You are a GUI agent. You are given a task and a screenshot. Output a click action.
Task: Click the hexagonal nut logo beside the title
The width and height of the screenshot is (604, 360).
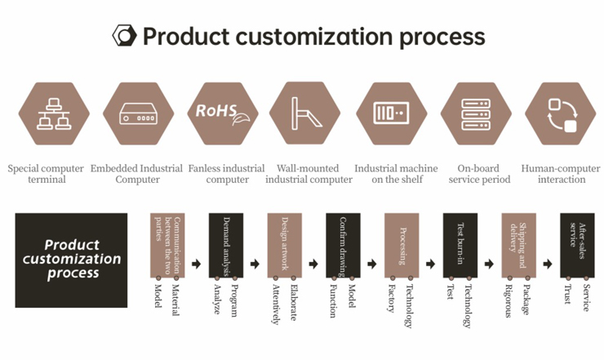coord(124,36)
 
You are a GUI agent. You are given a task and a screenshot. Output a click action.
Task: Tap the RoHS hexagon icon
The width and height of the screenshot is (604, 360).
coord(223,113)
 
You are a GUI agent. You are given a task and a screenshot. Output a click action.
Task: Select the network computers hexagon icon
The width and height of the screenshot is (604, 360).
coord(54,113)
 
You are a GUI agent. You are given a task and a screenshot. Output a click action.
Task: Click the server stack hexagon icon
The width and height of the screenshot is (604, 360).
coord(476,113)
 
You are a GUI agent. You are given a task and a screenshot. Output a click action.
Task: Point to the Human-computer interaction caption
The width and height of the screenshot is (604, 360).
coord(561,174)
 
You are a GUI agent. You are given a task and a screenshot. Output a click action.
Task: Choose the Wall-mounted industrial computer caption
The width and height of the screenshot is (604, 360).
coord(309,174)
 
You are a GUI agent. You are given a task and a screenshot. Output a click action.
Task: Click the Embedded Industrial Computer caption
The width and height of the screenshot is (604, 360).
coord(137,174)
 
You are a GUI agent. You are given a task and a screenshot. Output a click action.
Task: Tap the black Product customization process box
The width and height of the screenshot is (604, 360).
coord(71,260)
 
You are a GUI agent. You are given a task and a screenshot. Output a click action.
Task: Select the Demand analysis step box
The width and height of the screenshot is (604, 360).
coord(226,246)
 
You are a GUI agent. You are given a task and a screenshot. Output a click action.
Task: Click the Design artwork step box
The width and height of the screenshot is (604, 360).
coord(285,246)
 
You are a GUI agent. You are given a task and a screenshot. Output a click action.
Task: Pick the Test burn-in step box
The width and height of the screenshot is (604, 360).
coord(460,246)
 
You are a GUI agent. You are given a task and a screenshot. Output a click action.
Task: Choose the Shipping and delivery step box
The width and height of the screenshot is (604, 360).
coord(519,246)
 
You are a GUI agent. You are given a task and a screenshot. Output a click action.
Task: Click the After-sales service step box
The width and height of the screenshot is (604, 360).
coord(577,246)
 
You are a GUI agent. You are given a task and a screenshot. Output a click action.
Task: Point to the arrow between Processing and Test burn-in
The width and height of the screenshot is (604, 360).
coord(431,264)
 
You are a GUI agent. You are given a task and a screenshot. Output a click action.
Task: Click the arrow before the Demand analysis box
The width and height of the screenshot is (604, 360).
coord(197,264)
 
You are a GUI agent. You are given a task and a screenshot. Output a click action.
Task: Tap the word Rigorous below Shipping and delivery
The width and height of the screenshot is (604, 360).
coord(509,301)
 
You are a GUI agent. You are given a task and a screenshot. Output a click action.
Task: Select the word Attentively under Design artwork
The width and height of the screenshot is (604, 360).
coord(276,304)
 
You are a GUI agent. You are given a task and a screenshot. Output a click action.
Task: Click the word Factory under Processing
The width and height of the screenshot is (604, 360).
coord(392,298)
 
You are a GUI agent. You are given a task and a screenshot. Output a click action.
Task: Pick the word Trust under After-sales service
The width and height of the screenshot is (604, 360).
coord(568,295)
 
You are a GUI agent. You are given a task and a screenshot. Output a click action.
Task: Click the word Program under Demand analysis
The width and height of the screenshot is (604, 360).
coord(233,300)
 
